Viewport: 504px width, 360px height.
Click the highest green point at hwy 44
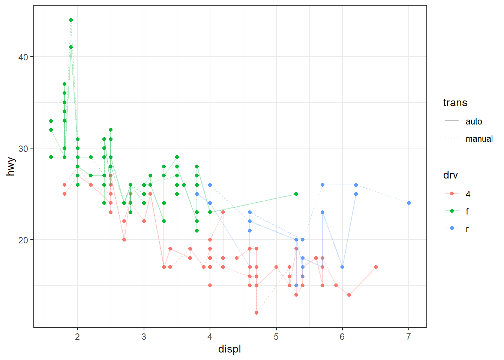pos(71,20)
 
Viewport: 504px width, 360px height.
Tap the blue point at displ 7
pos(409,203)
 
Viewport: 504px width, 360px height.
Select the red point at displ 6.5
pos(376,267)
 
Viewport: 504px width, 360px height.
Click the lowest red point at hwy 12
pos(256,313)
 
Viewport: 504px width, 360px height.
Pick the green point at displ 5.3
pos(296,194)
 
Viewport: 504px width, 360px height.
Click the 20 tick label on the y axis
pos(23,240)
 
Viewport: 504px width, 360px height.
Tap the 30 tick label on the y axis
pos(23,148)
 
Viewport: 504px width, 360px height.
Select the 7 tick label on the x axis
pos(409,336)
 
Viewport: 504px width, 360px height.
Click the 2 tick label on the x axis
pos(78,336)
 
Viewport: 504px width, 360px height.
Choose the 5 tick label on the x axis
pos(276,336)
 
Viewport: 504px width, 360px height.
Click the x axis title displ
pos(229,349)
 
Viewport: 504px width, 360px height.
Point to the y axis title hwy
pos(11,166)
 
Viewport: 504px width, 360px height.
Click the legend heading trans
pos(455,103)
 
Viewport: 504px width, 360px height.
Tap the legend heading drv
pos(450,175)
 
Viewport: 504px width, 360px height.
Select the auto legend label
pos(474,121)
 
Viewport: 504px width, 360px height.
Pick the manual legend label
pos(479,139)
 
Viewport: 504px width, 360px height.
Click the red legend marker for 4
pos(452,194)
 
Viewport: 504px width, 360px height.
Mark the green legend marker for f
pos(452,211)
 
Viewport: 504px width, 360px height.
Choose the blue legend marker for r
pos(452,228)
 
